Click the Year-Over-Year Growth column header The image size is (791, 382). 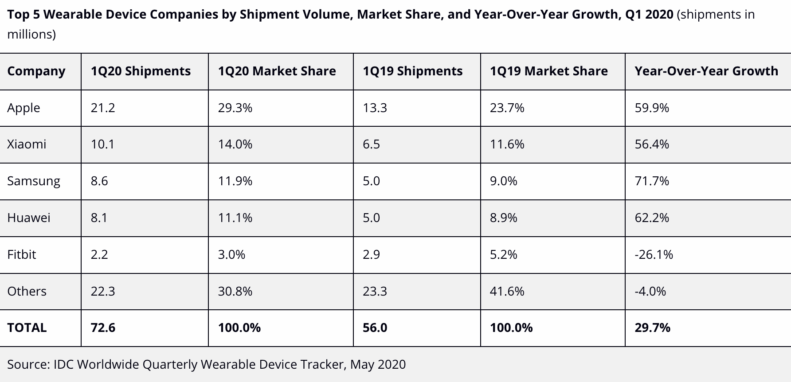706,71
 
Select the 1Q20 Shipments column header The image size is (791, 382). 141,71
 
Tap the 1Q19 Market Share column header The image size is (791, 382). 548,71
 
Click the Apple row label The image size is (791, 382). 23,108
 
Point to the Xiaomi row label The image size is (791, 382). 27,144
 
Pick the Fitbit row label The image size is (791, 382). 22,254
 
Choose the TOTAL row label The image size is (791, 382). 27,328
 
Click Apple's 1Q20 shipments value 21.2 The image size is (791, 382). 103,108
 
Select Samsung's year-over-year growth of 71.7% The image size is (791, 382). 652,181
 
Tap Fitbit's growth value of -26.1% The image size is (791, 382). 654,254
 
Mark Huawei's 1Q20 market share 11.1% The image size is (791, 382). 235,218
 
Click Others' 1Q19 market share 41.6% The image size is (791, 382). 507,291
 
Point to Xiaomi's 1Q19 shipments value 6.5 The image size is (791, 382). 371,144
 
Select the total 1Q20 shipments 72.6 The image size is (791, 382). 103,328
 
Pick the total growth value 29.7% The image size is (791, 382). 652,328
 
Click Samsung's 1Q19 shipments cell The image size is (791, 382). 371,181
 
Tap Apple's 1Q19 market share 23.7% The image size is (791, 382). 507,108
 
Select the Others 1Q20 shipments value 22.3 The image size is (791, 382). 103,291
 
